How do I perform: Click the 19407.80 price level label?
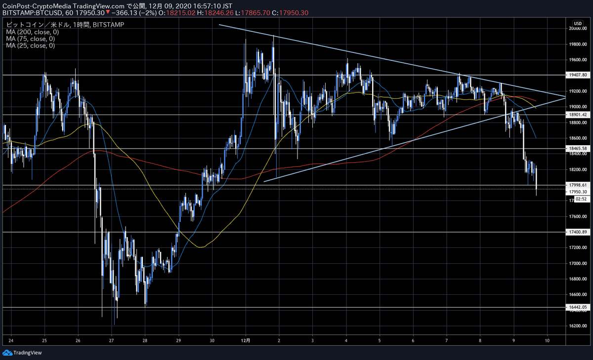[577, 75]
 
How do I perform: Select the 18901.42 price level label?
[577, 115]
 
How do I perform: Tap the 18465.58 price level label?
[577, 149]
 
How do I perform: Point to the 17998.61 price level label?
[577, 185]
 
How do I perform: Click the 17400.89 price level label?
[577, 232]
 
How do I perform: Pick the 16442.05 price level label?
[577, 307]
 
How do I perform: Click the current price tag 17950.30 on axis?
[577, 192]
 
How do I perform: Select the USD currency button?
[577, 23]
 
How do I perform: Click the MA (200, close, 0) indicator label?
[31, 32]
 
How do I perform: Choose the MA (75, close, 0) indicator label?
[29, 39]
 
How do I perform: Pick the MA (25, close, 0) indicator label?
[29, 45]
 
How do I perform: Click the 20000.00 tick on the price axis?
[577, 29]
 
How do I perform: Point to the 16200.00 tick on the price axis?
[577, 326]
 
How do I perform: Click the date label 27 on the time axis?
[112, 341]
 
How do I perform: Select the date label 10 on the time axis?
[548, 341]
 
